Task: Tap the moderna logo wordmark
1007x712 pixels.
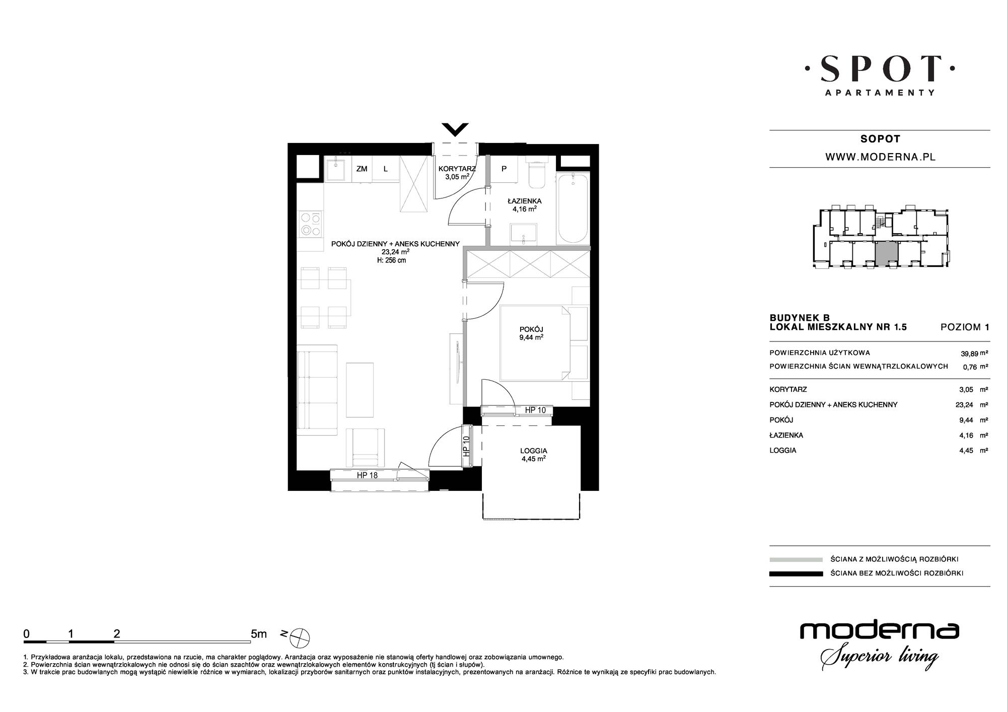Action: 879,631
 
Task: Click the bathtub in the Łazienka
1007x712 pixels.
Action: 572,207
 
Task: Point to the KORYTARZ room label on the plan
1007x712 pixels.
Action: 457,169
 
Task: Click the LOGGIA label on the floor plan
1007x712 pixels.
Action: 534,451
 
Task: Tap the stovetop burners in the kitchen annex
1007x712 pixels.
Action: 310,225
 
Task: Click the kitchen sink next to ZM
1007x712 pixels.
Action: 335,169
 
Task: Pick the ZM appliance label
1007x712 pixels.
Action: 362,169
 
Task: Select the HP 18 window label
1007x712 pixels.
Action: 367,475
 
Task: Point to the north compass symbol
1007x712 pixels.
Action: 300,638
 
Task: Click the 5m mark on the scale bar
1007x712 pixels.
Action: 259,634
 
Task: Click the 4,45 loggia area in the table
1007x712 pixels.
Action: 967,451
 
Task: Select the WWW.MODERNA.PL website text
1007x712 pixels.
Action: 880,157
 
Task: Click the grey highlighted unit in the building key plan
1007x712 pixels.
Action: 886,254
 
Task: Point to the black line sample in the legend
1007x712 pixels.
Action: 796,574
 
